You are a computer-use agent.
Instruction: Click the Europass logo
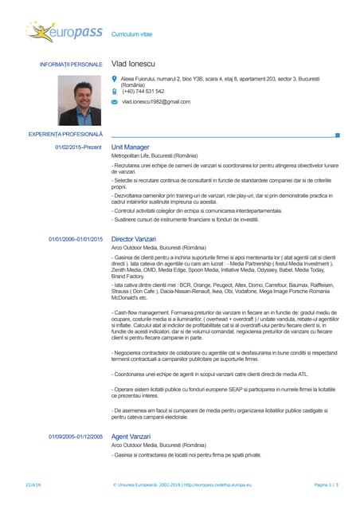pos(65,33)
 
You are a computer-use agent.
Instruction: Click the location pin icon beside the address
pos(115,79)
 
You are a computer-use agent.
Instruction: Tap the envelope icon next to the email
pos(115,102)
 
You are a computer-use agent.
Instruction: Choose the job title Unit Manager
pos(131,148)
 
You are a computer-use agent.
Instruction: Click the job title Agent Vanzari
pos(131,436)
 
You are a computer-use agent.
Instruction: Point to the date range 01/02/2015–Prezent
pos(78,148)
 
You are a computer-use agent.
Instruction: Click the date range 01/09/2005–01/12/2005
pos(76,437)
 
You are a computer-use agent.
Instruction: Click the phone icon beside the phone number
pos(115,91)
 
